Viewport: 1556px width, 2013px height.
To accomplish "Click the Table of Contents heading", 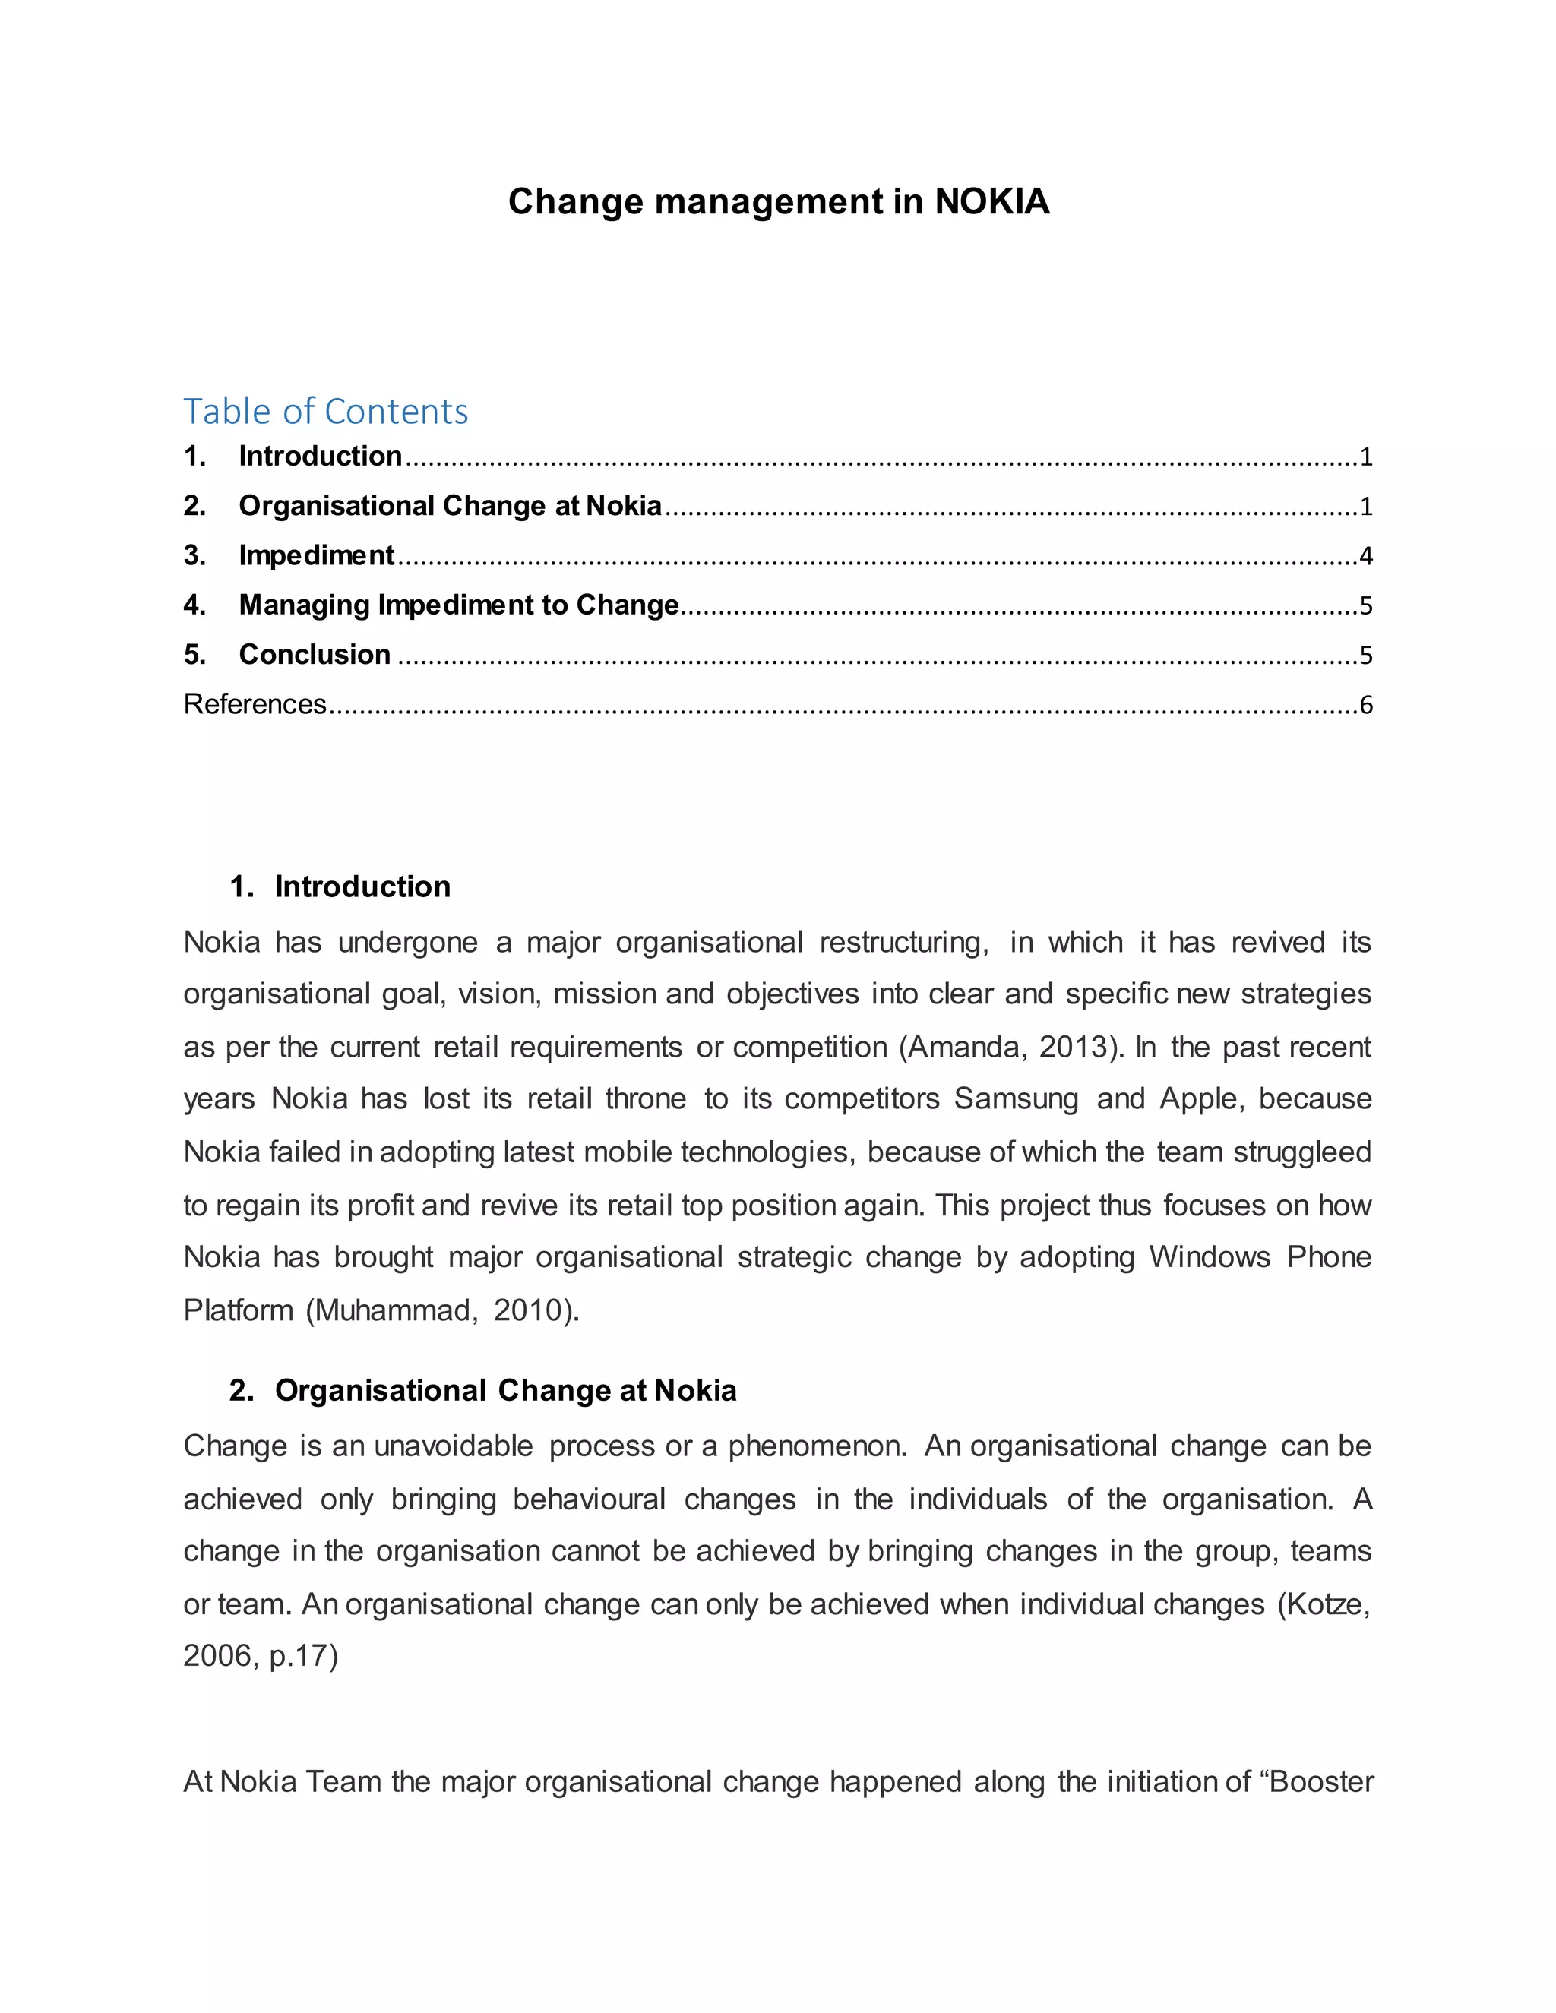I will pyautogui.click(x=325, y=411).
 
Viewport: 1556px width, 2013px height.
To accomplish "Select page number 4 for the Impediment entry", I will pyautogui.click(x=1365, y=556).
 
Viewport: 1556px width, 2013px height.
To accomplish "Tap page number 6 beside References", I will pyautogui.click(x=1365, y=705).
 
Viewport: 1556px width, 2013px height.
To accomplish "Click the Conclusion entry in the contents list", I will pyautogui.click(x=315, y=654).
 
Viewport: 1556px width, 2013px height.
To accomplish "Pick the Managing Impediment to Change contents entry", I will pyautogui.click(x=458, y=605).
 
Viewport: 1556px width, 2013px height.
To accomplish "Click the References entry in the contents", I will pyautogui.click(x=255, y=704).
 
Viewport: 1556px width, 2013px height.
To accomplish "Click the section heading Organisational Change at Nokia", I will pyautogui.click(x=505, y=1390).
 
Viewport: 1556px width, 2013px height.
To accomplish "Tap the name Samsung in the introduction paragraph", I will pyautogui.click(x=1016, y=1098).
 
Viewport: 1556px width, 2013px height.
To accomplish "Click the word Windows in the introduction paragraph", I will pyautogui.click(x=1210, y=1257).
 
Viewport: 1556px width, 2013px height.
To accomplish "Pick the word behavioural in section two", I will pyautogui.click(x=589, y=1499).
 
